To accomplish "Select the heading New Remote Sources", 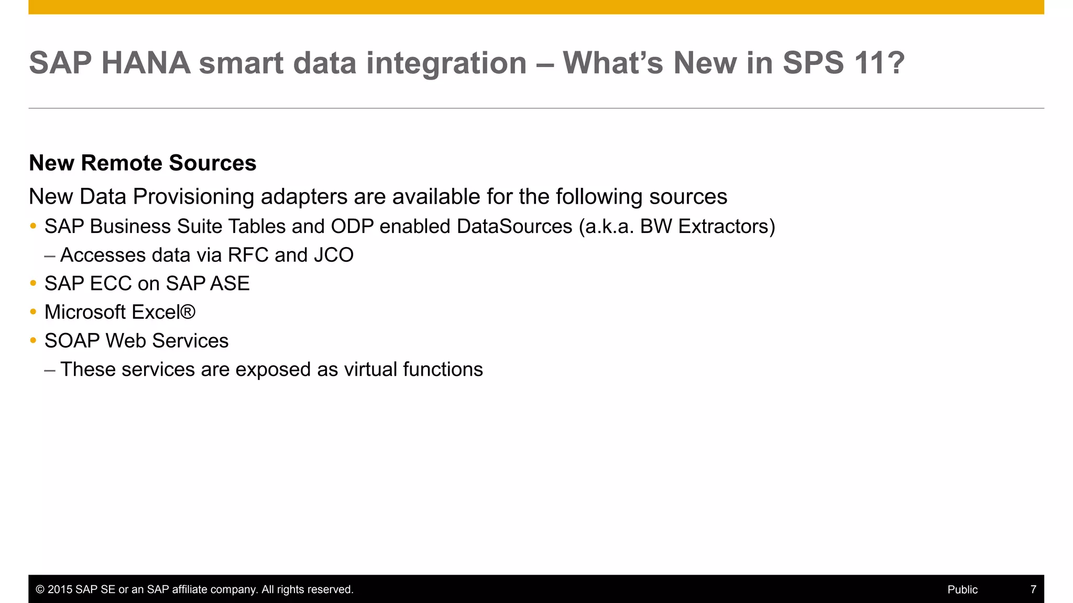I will point(143,163).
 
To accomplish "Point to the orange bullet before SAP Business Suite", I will point(33,226).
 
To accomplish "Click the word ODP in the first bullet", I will point(352,226).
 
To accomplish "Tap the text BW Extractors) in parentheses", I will point(707,226).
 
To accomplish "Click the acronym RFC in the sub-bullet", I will point(248,255).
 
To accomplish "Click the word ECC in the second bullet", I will point(111,283).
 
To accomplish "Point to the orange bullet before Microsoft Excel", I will point(33,312).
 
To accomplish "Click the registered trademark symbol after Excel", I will point(188,312).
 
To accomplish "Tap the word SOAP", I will point(72,341).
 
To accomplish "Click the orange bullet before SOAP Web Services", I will point(33,341).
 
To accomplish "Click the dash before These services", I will point(50,370).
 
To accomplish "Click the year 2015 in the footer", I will point(60,589).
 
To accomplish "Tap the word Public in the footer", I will point(962,589).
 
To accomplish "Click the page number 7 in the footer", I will point(1033,589).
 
